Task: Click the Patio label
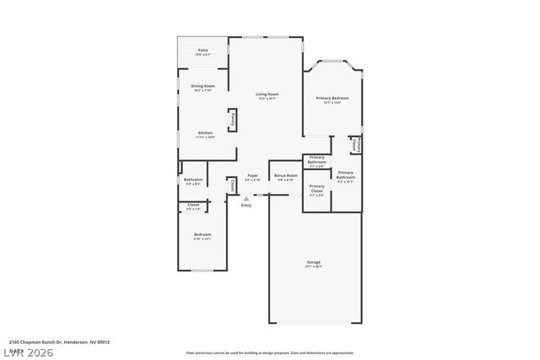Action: pyautogui.click(x=202, y=51)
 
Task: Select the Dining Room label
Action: pyautogui.click(x=202, y=87)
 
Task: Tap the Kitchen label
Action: pyautogui.click(x=205, y=134)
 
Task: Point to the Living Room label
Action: pyautogui.click(x=267, y=95)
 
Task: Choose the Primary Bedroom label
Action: pyautogui.click(x=332, y=99)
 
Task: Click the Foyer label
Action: pyautogui.click(x=252, y=176)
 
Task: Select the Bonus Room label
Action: pyautogui.click(x=285, y=176)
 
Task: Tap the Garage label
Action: pyautogui.click(x=314, y=264)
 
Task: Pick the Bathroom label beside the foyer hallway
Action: pyautogui.click(x=192, y=180)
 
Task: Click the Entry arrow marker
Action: pyautogui.click(x=246, y=199)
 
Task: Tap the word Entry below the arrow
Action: pyautogui.click(x=246, y=206)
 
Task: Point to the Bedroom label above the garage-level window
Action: pyautogui.click(x=202, y=235)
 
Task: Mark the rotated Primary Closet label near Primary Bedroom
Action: pyautogui.click(x=357, y=145)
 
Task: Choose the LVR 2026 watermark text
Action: pyautogui.click(x=29, y=351)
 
